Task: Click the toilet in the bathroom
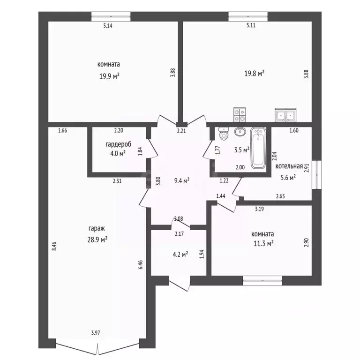224,134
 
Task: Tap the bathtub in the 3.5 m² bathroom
258,148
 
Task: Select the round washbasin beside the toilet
240,132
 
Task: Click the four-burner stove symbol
240,114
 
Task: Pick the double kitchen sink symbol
285,115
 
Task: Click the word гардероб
119,144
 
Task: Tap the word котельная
289,166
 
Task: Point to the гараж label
97,229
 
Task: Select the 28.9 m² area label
97,240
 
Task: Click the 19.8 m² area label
254,74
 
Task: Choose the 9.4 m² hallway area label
181,180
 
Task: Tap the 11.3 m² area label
263,243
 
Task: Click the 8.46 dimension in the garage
54,247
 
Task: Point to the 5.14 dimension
108,26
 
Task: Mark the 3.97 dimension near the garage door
96,333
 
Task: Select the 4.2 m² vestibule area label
180,255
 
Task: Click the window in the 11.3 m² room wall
262,281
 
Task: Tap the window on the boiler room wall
316,175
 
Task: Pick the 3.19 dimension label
259,209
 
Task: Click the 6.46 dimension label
141,265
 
